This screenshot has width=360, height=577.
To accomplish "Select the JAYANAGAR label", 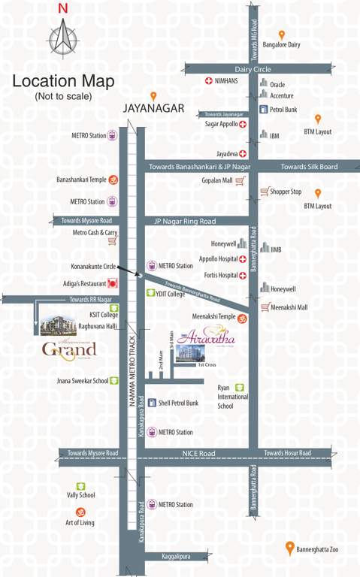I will point(153,109).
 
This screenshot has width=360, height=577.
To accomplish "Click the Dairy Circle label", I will point(252,68).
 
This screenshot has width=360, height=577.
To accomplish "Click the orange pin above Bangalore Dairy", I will point(282,35).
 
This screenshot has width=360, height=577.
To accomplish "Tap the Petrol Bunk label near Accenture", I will point(283,110).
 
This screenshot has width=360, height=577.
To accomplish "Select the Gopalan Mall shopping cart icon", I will point(240,181).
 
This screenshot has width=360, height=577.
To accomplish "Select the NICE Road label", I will point(198,453).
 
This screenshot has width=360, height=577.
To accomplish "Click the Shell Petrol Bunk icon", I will point(151,403).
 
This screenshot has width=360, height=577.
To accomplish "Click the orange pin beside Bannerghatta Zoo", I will point(289,548).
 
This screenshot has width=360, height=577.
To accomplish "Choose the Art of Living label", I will point(80,522).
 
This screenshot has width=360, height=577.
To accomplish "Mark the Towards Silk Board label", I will point(309,167).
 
